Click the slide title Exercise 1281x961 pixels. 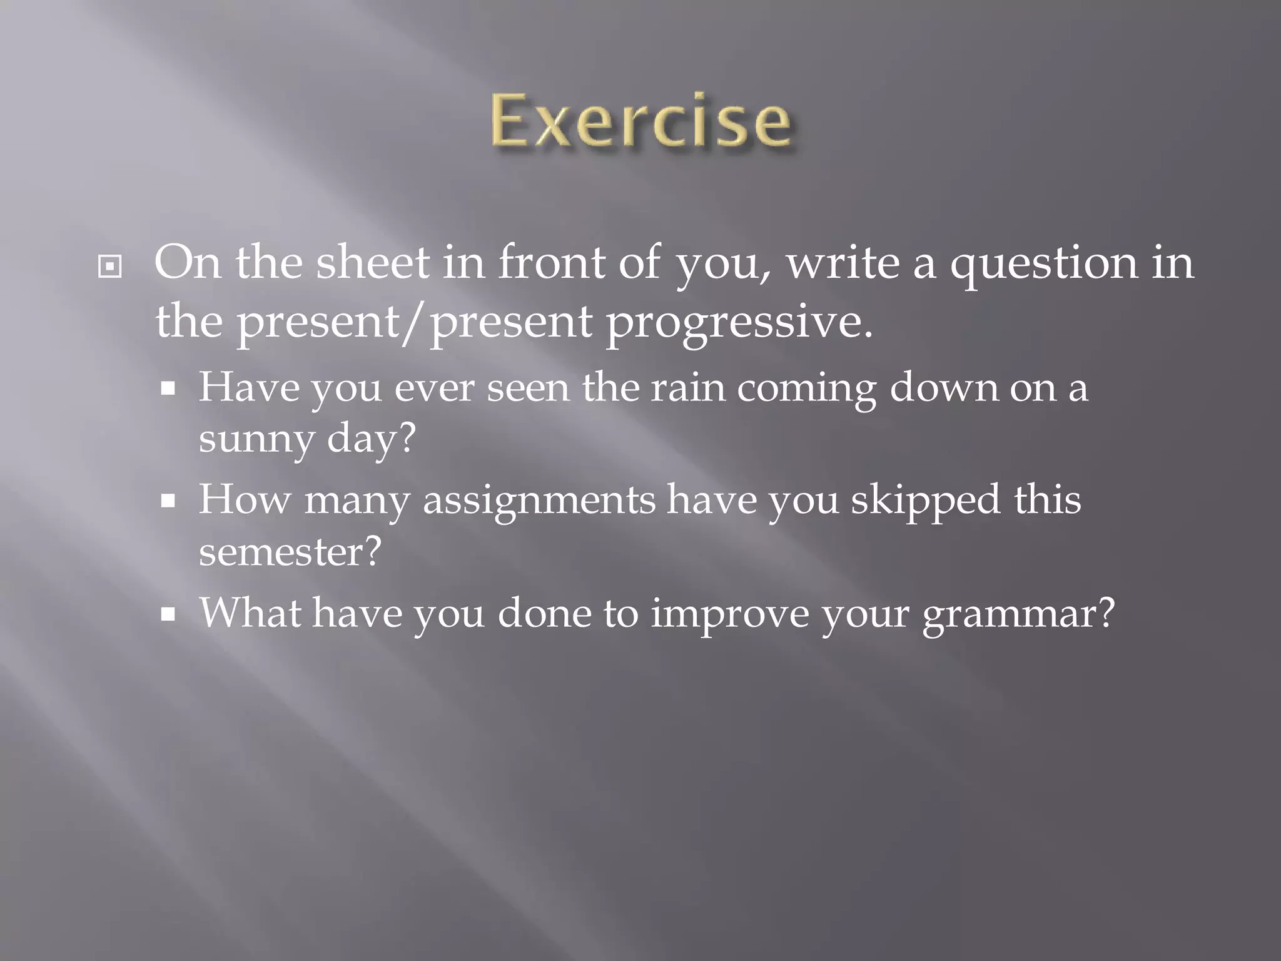[640, 121]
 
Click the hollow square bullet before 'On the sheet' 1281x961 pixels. [110, 267]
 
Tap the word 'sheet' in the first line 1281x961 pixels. [372, 263]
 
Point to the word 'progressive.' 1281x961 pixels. [739, 323]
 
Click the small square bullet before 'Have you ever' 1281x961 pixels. [167, 389]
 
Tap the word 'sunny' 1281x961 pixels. [256, 439]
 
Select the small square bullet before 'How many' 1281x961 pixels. [167, 501]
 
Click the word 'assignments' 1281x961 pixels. [539, 501]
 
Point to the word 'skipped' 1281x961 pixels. [925, 501]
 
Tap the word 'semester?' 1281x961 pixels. [290, 552]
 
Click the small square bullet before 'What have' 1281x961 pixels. [167, 614]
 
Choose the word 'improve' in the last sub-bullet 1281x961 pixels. [729, 614]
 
